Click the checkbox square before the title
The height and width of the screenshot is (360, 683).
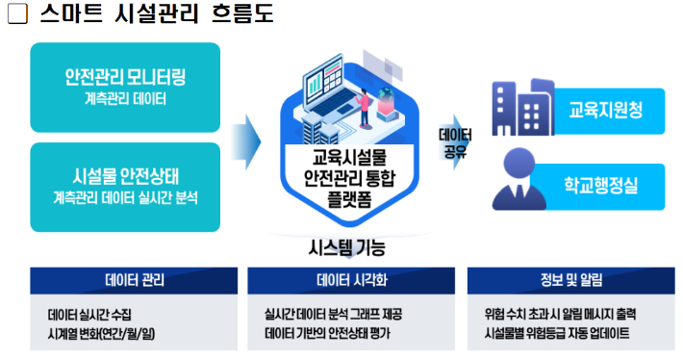(16, 16)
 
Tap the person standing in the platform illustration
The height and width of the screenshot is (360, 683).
(367, 108)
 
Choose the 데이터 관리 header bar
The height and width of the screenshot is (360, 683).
(134, 280)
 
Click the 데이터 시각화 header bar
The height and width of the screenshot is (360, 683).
(352, 280)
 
